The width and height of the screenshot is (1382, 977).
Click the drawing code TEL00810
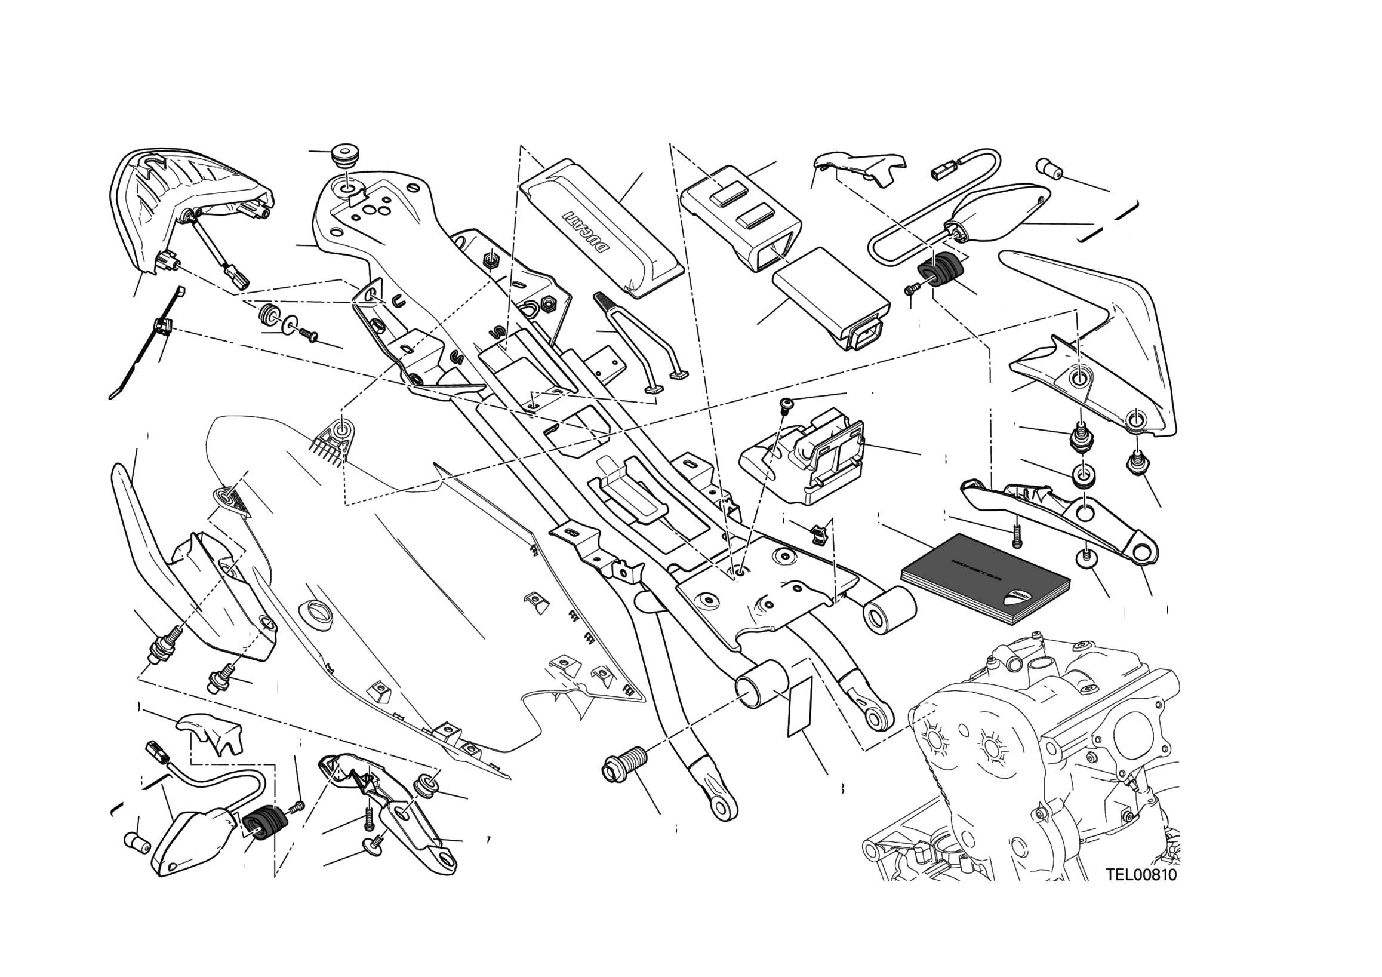1141,875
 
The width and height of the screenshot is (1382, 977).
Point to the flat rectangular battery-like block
830,304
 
